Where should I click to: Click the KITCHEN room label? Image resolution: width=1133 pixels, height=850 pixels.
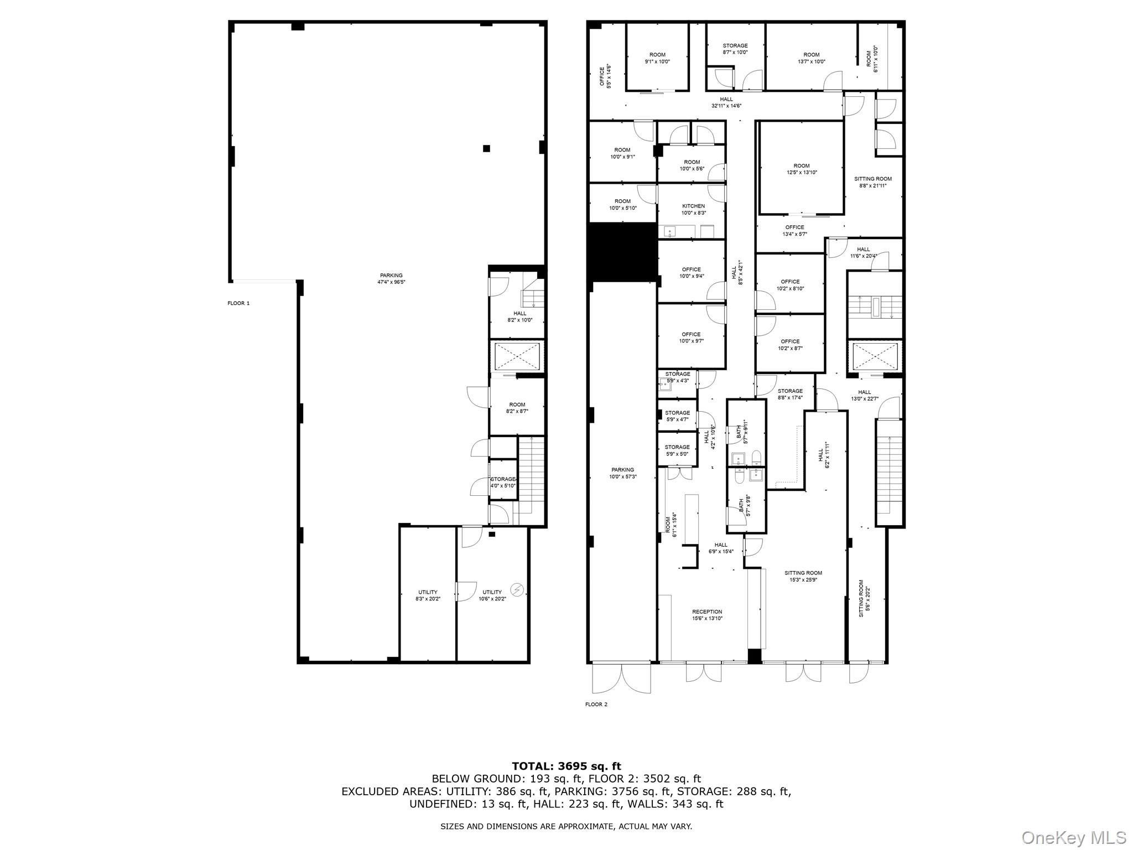(x=693, y=206)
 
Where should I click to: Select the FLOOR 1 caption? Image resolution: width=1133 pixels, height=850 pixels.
(x=238, y=303)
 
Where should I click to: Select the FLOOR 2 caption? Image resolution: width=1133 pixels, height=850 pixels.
(x=596, y=704)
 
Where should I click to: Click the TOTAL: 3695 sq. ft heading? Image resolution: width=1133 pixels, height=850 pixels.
(x=566, y=766)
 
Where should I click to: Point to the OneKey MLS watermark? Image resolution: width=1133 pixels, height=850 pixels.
(x=1074, y=837)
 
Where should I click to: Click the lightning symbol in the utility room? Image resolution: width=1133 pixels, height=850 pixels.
(x=517, y=590)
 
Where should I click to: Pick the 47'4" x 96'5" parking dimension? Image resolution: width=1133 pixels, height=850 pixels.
(x=391, y=282)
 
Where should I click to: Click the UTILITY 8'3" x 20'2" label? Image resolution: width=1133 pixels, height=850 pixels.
(x=428, y=595)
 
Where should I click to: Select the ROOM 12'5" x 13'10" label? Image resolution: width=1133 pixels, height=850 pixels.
(x=801, y=169)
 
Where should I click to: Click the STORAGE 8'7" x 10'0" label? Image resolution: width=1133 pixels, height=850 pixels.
(x=735, y=49)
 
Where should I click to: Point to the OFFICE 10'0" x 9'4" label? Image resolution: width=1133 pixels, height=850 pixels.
(x=692, y=273)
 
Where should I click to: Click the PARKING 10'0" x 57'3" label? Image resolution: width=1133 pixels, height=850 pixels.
(x=622, y=473)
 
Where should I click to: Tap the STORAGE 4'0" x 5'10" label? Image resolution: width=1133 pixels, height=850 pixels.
(x=503, y=483)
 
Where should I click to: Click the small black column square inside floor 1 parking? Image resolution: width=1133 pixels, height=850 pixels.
(x=486, y=148)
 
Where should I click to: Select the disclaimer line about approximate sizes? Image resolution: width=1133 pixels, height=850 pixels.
(x=566, y=826)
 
